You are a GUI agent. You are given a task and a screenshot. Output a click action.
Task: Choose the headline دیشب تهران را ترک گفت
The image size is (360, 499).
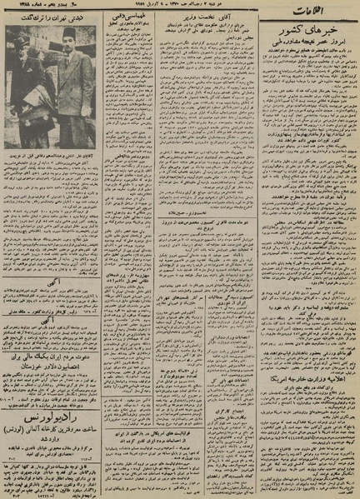pos(56,17)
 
